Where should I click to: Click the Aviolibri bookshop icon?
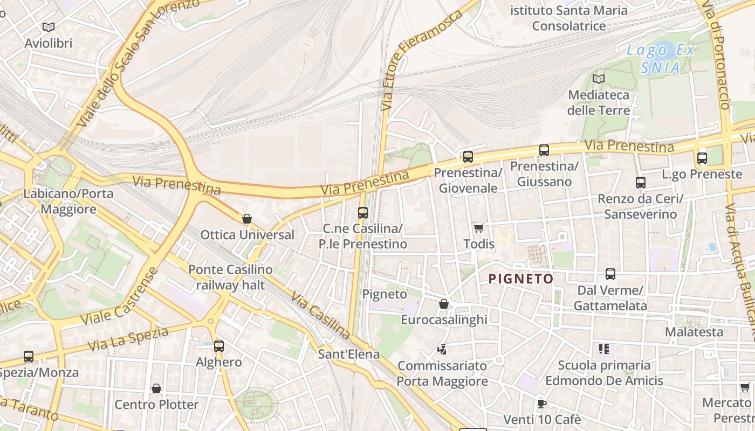[x=49, y=27]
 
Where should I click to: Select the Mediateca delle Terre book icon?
[x=598, y=79]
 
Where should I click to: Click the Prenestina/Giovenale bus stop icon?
[x=468, y=157]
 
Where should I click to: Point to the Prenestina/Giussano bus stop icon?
[x=544, y=150]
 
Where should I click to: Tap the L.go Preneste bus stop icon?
[x=702, y=158]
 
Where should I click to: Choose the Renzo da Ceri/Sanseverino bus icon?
[x=640, y=182]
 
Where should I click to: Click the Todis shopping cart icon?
[x=478, y=228]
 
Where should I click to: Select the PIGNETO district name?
[x=521, y=279]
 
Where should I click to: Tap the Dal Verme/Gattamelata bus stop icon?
[x=610, y=274]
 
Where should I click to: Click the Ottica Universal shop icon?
[x=247, y=219]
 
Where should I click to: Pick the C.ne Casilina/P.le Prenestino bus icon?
[x=362, y=212]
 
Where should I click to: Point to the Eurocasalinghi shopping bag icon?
[x=443, y=304]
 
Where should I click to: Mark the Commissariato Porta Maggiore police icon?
[x=442, y=350]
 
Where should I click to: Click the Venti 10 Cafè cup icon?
[x=542, y=404]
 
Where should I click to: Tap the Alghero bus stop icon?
[x=219, y=346]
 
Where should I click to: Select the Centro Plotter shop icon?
[x=156, y=388]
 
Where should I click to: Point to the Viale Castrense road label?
[x=119, y=296]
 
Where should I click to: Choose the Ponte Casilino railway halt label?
[x=230, y=277]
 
